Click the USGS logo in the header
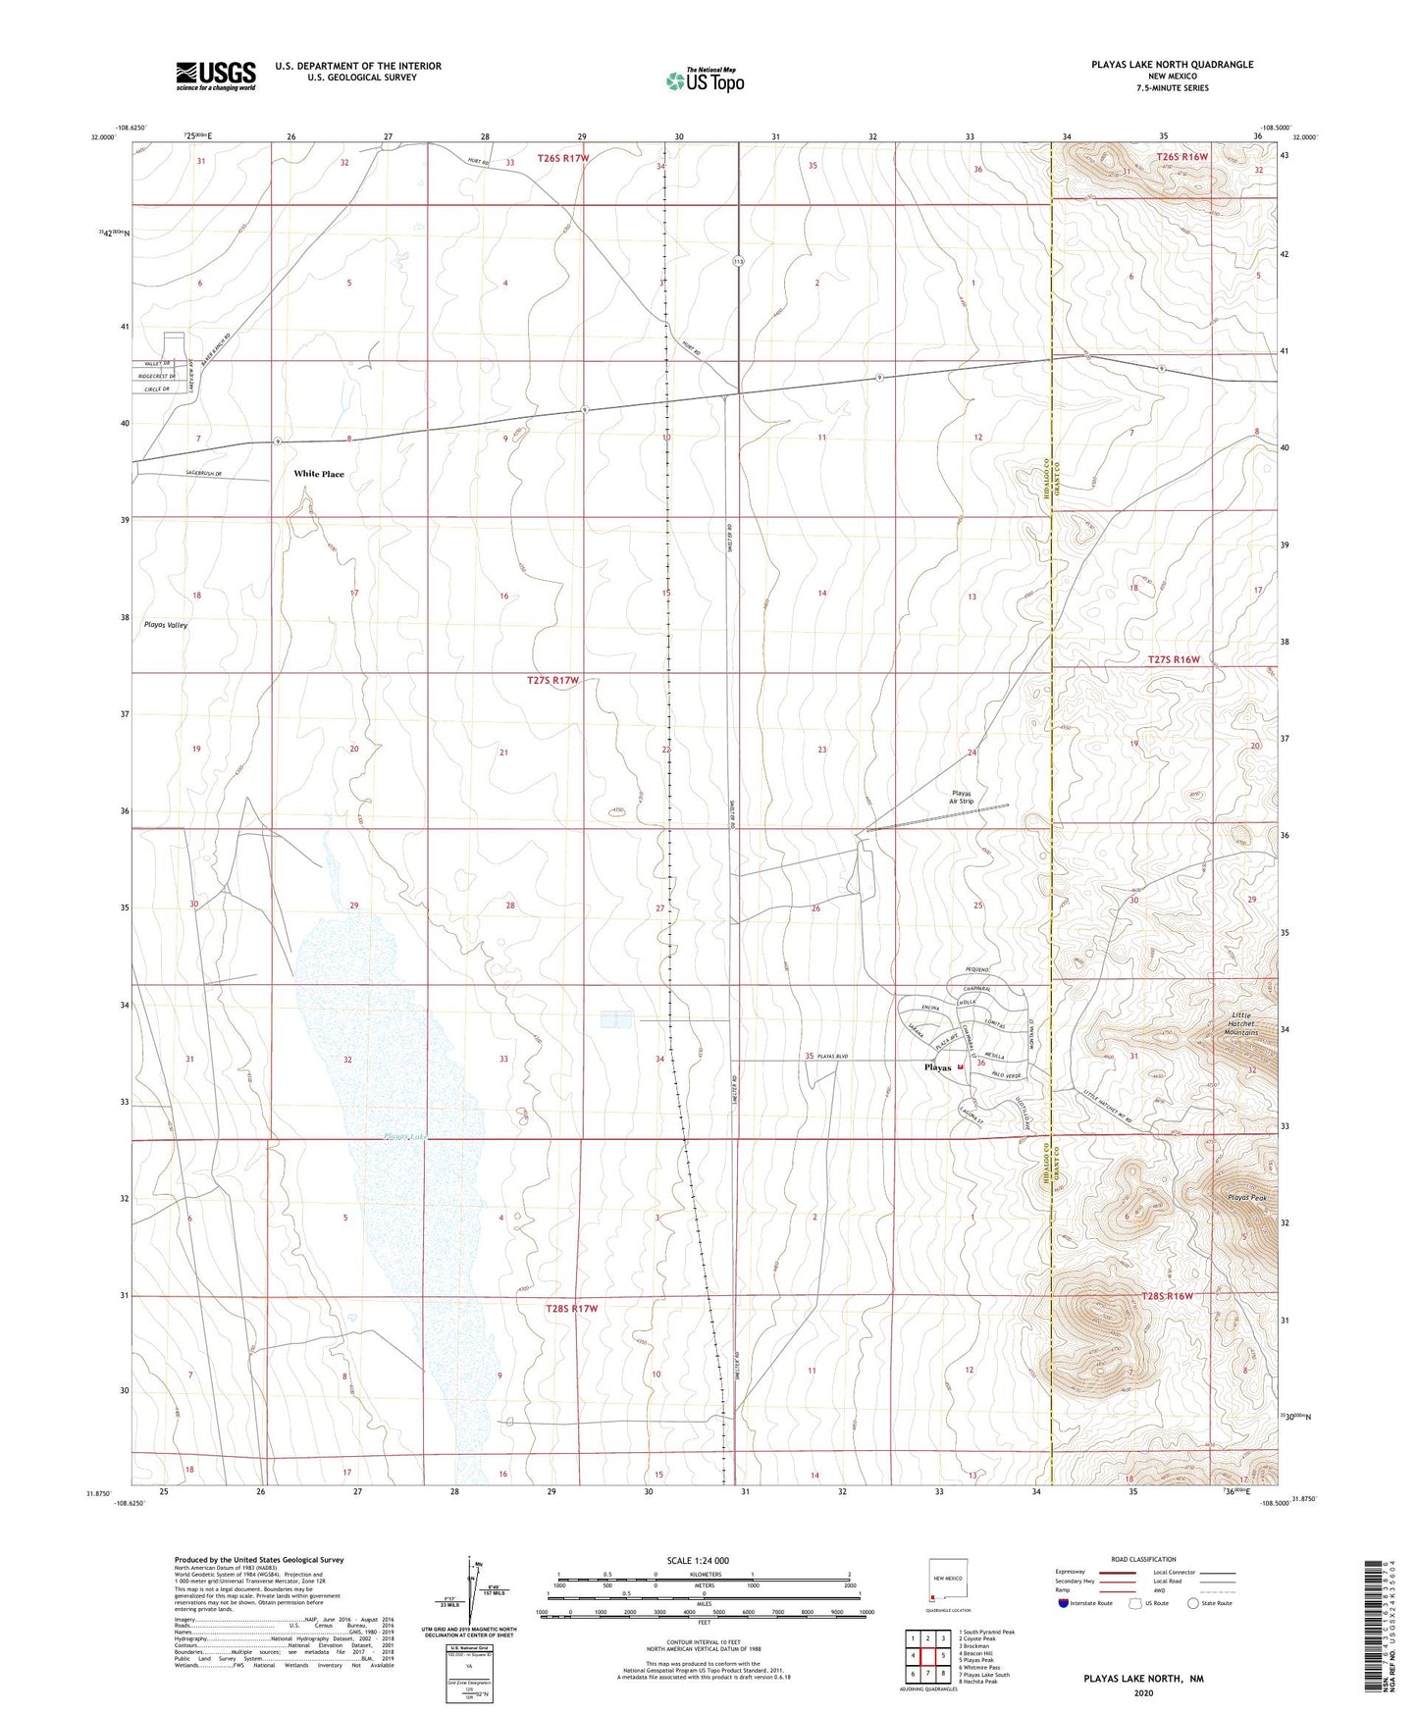point(216,75)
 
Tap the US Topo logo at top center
point(704,80)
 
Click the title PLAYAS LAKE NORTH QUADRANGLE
point(1172,65)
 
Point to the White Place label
point(319,474)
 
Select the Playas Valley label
point(166,624)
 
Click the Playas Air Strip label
point(961,798)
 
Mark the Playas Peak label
point(1247,1198)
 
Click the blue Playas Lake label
point(406,1136)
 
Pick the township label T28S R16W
point(1168,1296)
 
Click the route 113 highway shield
point(738,261)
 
